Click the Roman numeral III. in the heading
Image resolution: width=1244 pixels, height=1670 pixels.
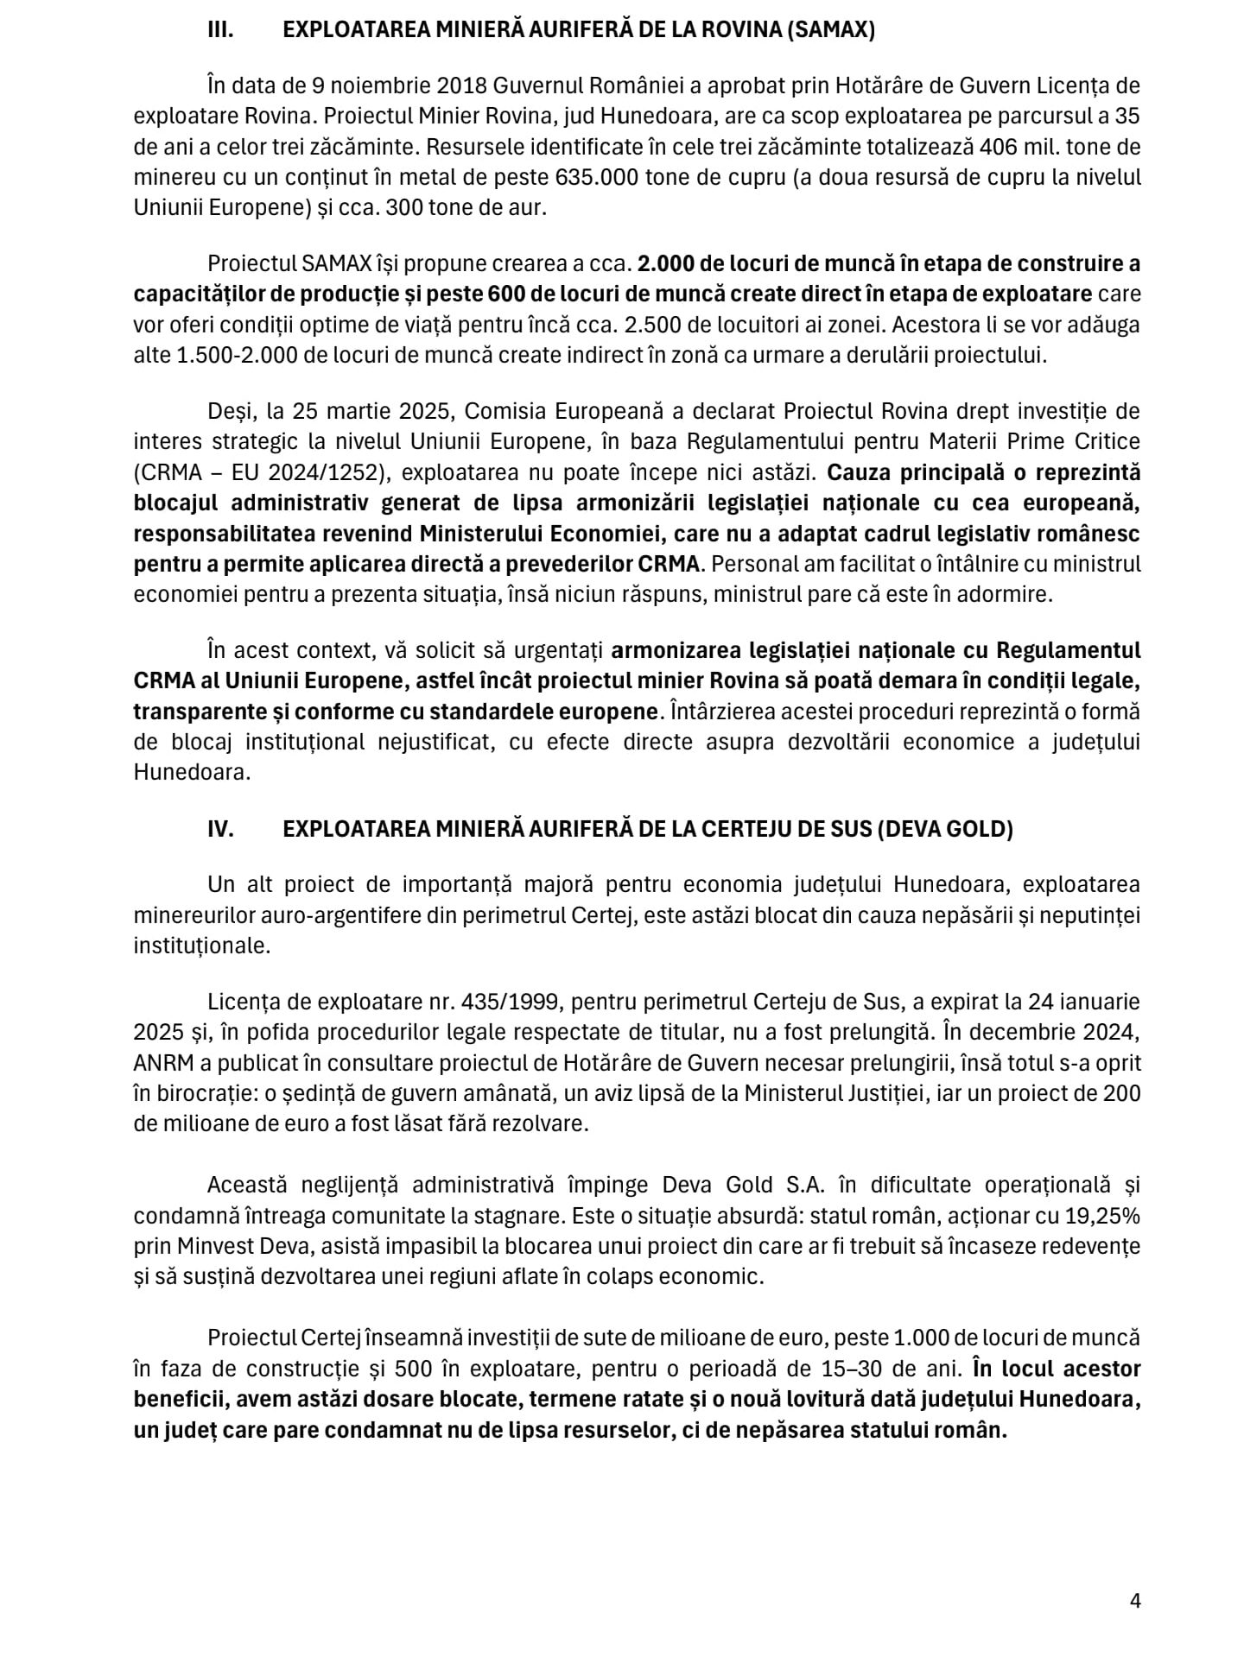pos(222,30)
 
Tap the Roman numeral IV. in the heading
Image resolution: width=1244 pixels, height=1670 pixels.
pos(220,828)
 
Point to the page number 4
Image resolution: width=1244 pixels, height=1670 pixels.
pos(1135,1600)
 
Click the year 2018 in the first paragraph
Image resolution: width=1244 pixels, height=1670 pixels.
pos(463,85)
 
